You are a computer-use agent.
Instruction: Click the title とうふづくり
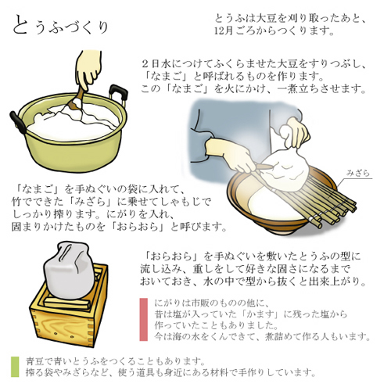60,26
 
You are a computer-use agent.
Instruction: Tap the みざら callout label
358,173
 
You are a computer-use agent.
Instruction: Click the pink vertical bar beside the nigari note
144,320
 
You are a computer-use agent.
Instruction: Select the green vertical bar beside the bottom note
15,367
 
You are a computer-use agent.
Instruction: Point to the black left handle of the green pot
18,122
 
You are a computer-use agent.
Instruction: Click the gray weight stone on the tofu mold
69,270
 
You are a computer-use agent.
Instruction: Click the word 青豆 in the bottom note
35,361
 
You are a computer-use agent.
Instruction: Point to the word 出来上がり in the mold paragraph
336,282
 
